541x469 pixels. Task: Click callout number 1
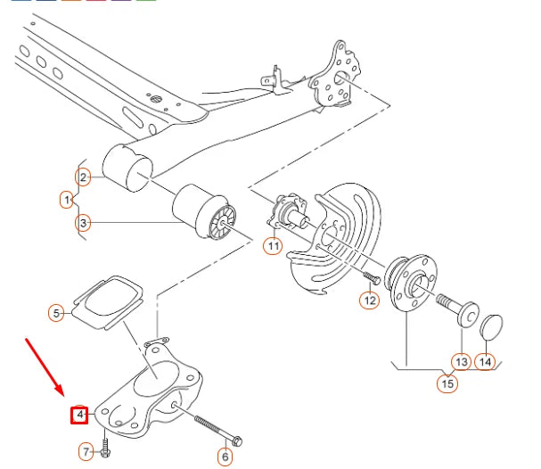[67, 200]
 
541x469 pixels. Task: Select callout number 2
[83, 177]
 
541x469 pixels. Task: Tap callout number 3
[83, 223]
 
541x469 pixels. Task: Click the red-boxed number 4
[80, 415]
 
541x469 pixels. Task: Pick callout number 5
[56, 313]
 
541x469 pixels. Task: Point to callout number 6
[225, 457]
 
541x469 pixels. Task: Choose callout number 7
[86, 452]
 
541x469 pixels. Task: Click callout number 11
[273, 245]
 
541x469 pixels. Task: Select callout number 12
[369, 300]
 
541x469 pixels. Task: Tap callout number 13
[461, 361]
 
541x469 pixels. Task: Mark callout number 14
[485, 361]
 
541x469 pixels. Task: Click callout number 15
[447, 384]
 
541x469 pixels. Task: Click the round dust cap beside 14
[492, 327]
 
